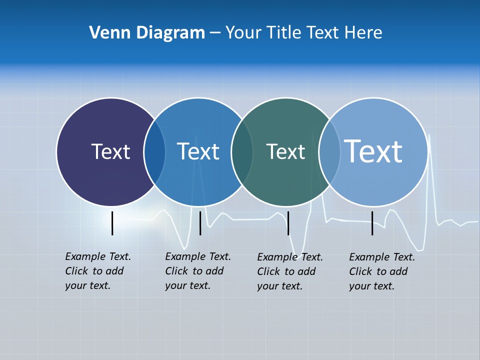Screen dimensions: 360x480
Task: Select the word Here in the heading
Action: pos(363,32)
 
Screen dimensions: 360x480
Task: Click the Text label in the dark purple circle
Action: pos(110,151)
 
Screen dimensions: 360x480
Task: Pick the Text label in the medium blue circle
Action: pos(198,151)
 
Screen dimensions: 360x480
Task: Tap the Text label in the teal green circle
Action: pos(285,151)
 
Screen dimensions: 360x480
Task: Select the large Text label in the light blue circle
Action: pos(373,151)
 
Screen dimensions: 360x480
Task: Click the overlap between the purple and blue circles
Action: pos(154,152)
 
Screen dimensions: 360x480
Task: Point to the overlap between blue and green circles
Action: pos(242,152)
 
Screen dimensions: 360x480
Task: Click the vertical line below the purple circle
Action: pos(112,223)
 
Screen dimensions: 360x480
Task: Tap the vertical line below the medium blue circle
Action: pos(200,223)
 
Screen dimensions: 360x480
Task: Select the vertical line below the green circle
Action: pos(288,223)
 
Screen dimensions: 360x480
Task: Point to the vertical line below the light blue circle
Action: pos(372,223)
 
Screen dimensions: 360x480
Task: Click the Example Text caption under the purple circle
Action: pos(97,271)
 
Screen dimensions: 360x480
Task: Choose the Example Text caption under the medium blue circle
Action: pos(197,271)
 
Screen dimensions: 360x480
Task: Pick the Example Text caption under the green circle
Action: pos(289,271)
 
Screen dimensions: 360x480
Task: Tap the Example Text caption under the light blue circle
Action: pos(381,271)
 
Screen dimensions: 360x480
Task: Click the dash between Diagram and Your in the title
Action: pos(215,33)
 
